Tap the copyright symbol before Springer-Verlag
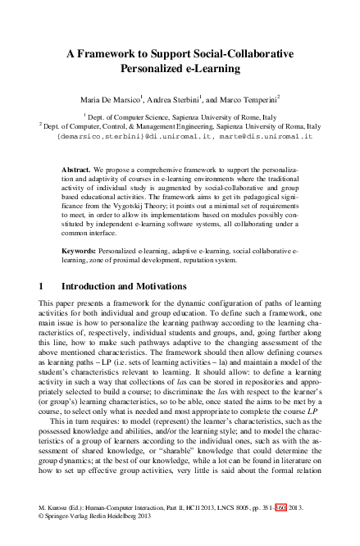42,539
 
